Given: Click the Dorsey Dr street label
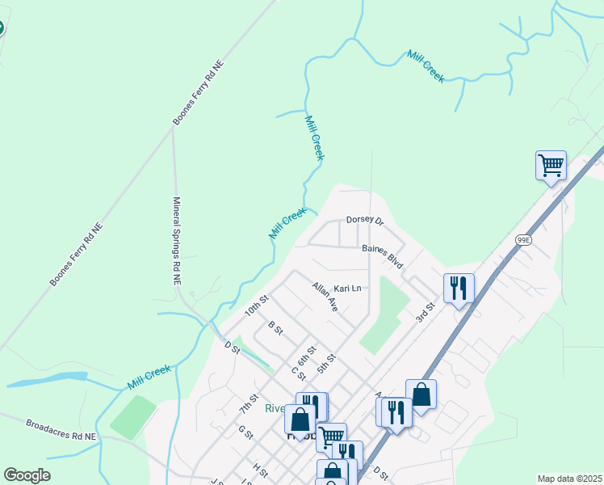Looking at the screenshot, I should [x=364, y=220].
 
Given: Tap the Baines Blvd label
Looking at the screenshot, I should [x=382, y=257].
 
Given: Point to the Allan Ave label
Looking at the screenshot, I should [x=325, y=297].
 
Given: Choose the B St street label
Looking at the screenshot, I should [x=275, y=327].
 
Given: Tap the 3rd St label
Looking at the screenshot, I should [x=426, y=310].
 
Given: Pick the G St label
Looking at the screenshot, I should [x=245, y=432].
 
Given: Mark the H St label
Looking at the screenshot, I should [x=260, y=470].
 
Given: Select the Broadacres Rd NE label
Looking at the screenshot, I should [x=61, y=429].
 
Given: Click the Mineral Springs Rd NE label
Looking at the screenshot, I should [x=176, y=241].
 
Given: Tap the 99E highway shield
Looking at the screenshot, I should [x=524, y=239].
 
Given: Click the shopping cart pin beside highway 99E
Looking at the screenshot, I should [x=551, y=166].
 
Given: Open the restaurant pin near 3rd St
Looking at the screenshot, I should [x=458, y=288].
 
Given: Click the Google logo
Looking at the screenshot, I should [x=27, y=475].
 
